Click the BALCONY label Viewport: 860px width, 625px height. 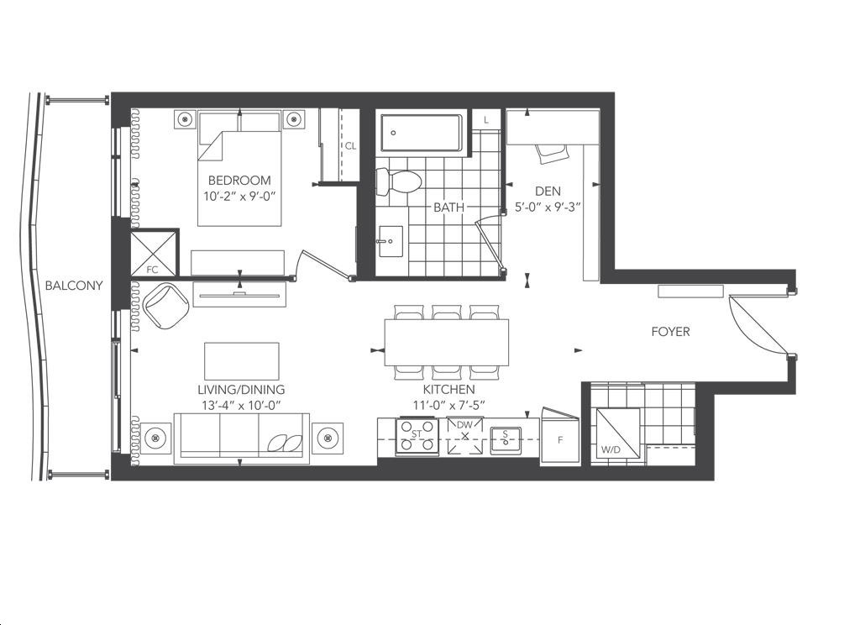point(74,286)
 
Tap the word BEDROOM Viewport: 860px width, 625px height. point(239,180)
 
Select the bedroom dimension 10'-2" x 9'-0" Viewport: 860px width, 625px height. point(239,197)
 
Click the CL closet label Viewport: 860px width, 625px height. point(350,146)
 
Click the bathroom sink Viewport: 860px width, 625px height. point(390,241)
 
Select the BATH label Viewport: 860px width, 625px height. point(448,207)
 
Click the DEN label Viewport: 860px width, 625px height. point(548,191)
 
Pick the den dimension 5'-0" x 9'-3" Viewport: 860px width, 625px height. point(548,207)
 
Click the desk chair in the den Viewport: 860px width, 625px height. point(553,153)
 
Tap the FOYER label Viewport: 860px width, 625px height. point(670,332)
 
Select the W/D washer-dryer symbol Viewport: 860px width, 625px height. point(618,433)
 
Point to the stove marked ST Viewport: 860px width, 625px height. point(417,435)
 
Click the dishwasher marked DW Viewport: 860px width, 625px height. point(465,436)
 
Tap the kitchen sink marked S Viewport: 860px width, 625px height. point(506,439)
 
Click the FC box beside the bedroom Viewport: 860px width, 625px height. point(155,254)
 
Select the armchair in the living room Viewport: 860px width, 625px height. point(165,307)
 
